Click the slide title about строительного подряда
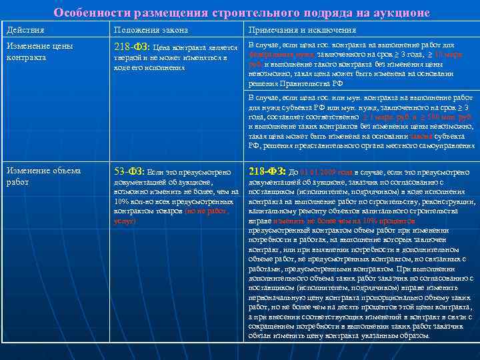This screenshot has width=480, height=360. click(x=241, y=13)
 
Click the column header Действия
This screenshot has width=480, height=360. click(x=26, y=31)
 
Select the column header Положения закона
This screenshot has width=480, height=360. click(x=151, y=31)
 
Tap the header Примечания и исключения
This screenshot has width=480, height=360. click(x=302, y=31)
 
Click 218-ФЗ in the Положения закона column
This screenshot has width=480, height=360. click(x=132, y=47)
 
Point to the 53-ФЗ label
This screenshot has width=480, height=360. click(x=129, y=171)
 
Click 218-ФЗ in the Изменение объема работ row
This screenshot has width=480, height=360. click(x=266, y=171)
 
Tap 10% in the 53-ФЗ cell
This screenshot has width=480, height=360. click(x=123, y=201)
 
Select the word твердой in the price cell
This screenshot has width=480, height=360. click(x=127, y=58)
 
